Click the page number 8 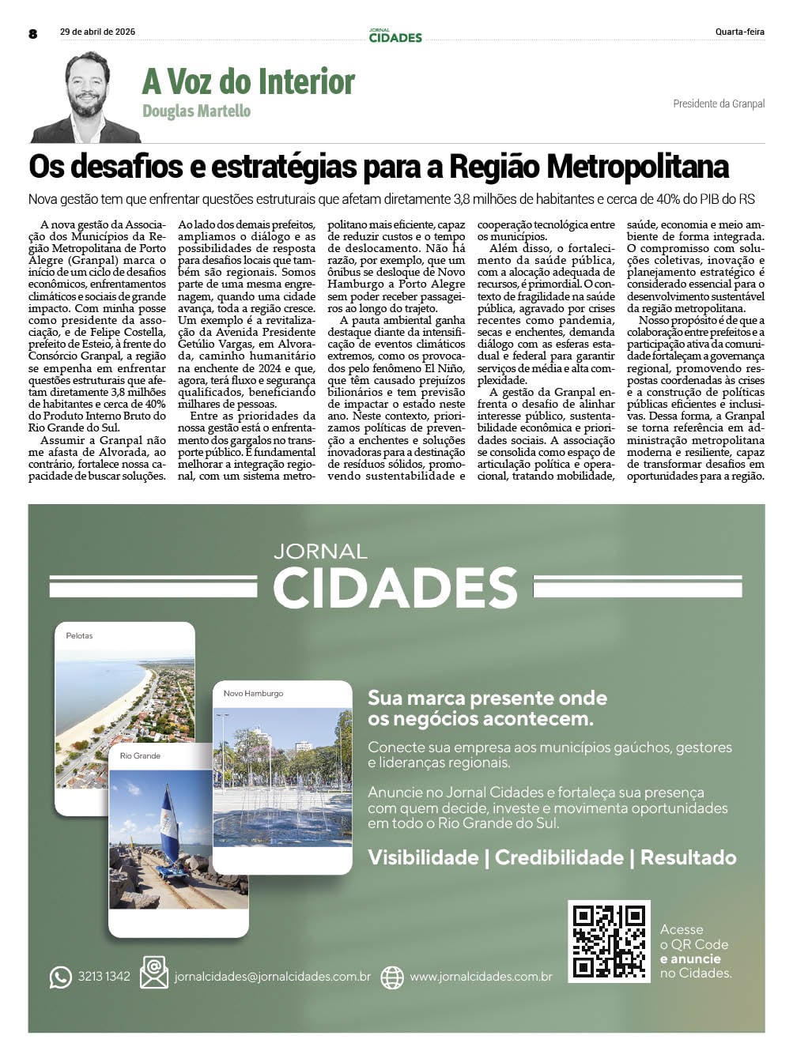point(32,33)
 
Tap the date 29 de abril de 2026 point(97,32)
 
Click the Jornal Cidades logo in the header point(395,36)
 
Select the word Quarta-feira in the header point(739,32)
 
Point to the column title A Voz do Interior point(248,81)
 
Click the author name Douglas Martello point(196,111)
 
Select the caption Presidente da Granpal point(718,104)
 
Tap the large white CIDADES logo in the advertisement point(395,587)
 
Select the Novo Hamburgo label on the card point(253,694)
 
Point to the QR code point(609,941)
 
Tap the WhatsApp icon point(60,977)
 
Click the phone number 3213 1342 point(104,977)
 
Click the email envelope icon point(154,973)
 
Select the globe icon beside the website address point(392,977)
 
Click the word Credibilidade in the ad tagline point(559,857)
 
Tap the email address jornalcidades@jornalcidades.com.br point(272,977)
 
